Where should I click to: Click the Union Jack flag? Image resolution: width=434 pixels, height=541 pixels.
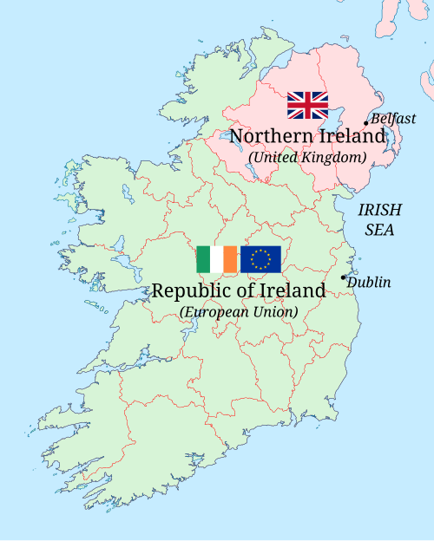point(307,105)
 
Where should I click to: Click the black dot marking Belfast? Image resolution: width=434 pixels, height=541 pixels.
point(365,123)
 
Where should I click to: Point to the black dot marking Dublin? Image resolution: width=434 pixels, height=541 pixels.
point(344,277)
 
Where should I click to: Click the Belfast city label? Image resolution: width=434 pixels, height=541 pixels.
point(395,119)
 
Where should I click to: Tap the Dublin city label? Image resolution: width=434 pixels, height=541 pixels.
point(370,282)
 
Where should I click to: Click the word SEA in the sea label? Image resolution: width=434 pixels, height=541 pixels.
point(379,231)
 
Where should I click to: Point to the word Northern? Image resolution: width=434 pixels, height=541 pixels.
point(268,136)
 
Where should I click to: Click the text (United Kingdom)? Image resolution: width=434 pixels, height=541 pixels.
point(307,157)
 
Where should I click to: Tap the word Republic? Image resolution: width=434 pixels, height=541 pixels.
point(188,290)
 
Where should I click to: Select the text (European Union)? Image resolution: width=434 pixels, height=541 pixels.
point(239,311)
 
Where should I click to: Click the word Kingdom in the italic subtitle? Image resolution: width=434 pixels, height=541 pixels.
point(336,157)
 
